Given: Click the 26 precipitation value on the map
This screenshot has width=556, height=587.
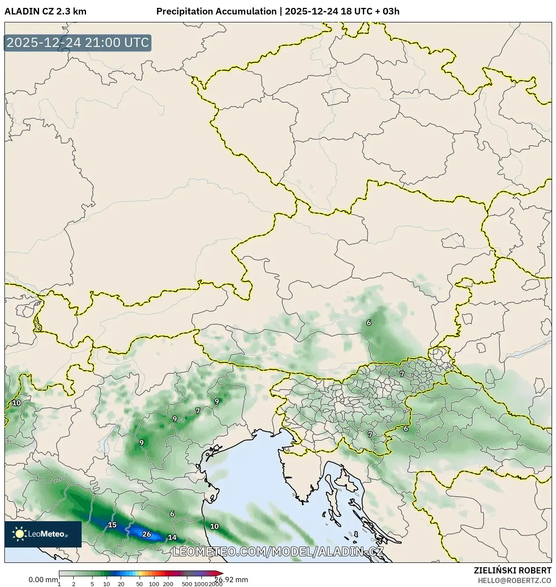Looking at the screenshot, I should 147,534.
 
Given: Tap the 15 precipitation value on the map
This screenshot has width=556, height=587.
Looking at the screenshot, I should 112,525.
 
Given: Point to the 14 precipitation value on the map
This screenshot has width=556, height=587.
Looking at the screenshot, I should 172,537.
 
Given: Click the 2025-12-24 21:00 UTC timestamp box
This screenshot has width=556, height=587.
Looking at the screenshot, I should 78,43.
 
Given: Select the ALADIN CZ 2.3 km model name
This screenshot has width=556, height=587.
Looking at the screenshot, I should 45,11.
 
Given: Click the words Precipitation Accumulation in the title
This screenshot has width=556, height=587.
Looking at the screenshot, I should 216,11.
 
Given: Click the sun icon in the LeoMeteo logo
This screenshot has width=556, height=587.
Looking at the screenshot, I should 20,534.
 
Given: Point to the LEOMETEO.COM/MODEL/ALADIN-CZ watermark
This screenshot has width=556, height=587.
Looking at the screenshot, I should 278,551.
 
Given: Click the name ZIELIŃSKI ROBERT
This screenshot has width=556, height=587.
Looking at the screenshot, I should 512,570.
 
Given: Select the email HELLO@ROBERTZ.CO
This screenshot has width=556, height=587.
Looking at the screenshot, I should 514,580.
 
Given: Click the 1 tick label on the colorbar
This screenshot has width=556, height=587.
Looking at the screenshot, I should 59,584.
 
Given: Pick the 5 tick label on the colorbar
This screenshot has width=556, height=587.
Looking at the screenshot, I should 92,584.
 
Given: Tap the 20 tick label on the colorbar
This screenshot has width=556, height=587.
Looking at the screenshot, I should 121,584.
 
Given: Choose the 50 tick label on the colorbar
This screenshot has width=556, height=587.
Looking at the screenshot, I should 140,584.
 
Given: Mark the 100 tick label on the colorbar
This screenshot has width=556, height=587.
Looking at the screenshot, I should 154,584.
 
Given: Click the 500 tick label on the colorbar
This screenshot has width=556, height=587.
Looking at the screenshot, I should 187,584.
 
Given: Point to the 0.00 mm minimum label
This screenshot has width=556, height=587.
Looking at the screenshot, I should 43,580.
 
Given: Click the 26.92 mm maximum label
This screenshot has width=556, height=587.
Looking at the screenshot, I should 231,580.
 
